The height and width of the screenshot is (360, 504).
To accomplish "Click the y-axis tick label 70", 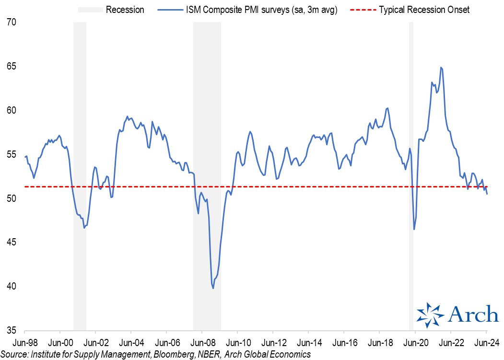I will click(11, 22).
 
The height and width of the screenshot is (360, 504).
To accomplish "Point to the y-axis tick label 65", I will click(11, 66).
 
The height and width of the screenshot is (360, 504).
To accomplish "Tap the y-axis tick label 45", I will click(11, 243).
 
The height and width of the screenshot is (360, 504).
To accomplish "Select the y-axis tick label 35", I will click(11, 330).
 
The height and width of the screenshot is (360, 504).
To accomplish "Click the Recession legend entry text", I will click(125, 10).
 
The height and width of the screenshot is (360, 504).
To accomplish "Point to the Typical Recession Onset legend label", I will click(424, 10).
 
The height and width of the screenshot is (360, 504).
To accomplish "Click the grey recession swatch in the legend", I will click(89, 10).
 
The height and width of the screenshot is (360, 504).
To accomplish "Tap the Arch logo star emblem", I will click(430, 315).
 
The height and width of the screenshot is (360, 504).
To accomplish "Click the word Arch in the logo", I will click(473, 315).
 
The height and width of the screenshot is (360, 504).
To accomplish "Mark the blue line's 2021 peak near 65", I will click(441, 68).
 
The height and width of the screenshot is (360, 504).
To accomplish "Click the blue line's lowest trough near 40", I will click(213, 288).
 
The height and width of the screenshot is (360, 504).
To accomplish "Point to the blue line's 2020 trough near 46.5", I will click(414, 230).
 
